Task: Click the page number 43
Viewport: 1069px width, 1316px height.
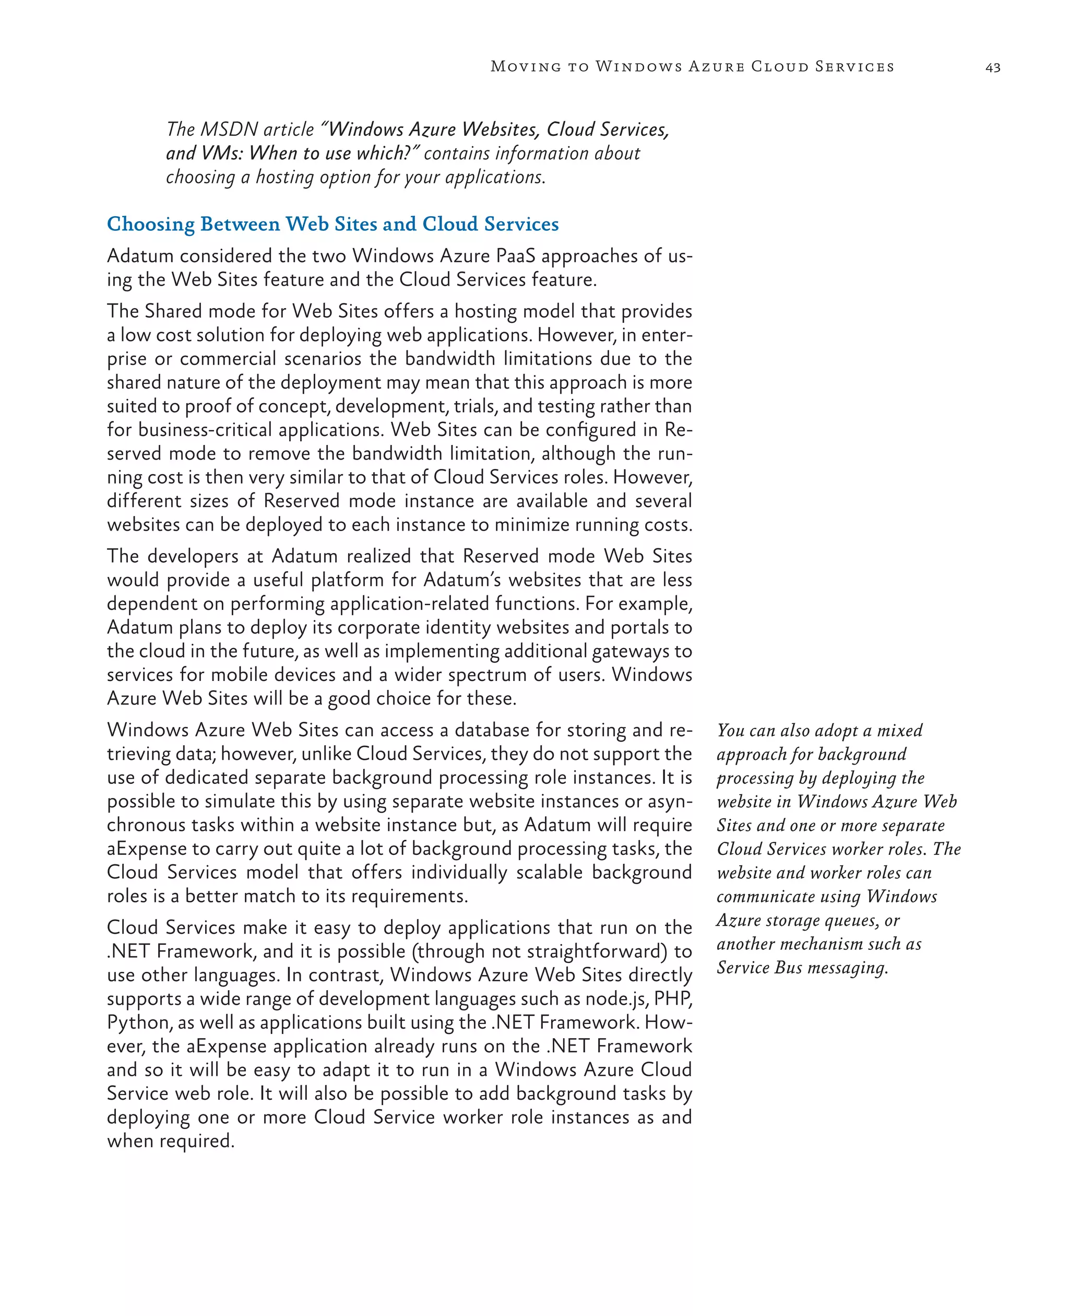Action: click(x=993, y=67)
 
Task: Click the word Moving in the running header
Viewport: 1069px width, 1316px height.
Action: click(x=525, y=66)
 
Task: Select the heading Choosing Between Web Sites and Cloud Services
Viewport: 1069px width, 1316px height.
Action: click(x=332, y=224)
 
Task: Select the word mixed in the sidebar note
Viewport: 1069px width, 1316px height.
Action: click(x=900, y=731)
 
